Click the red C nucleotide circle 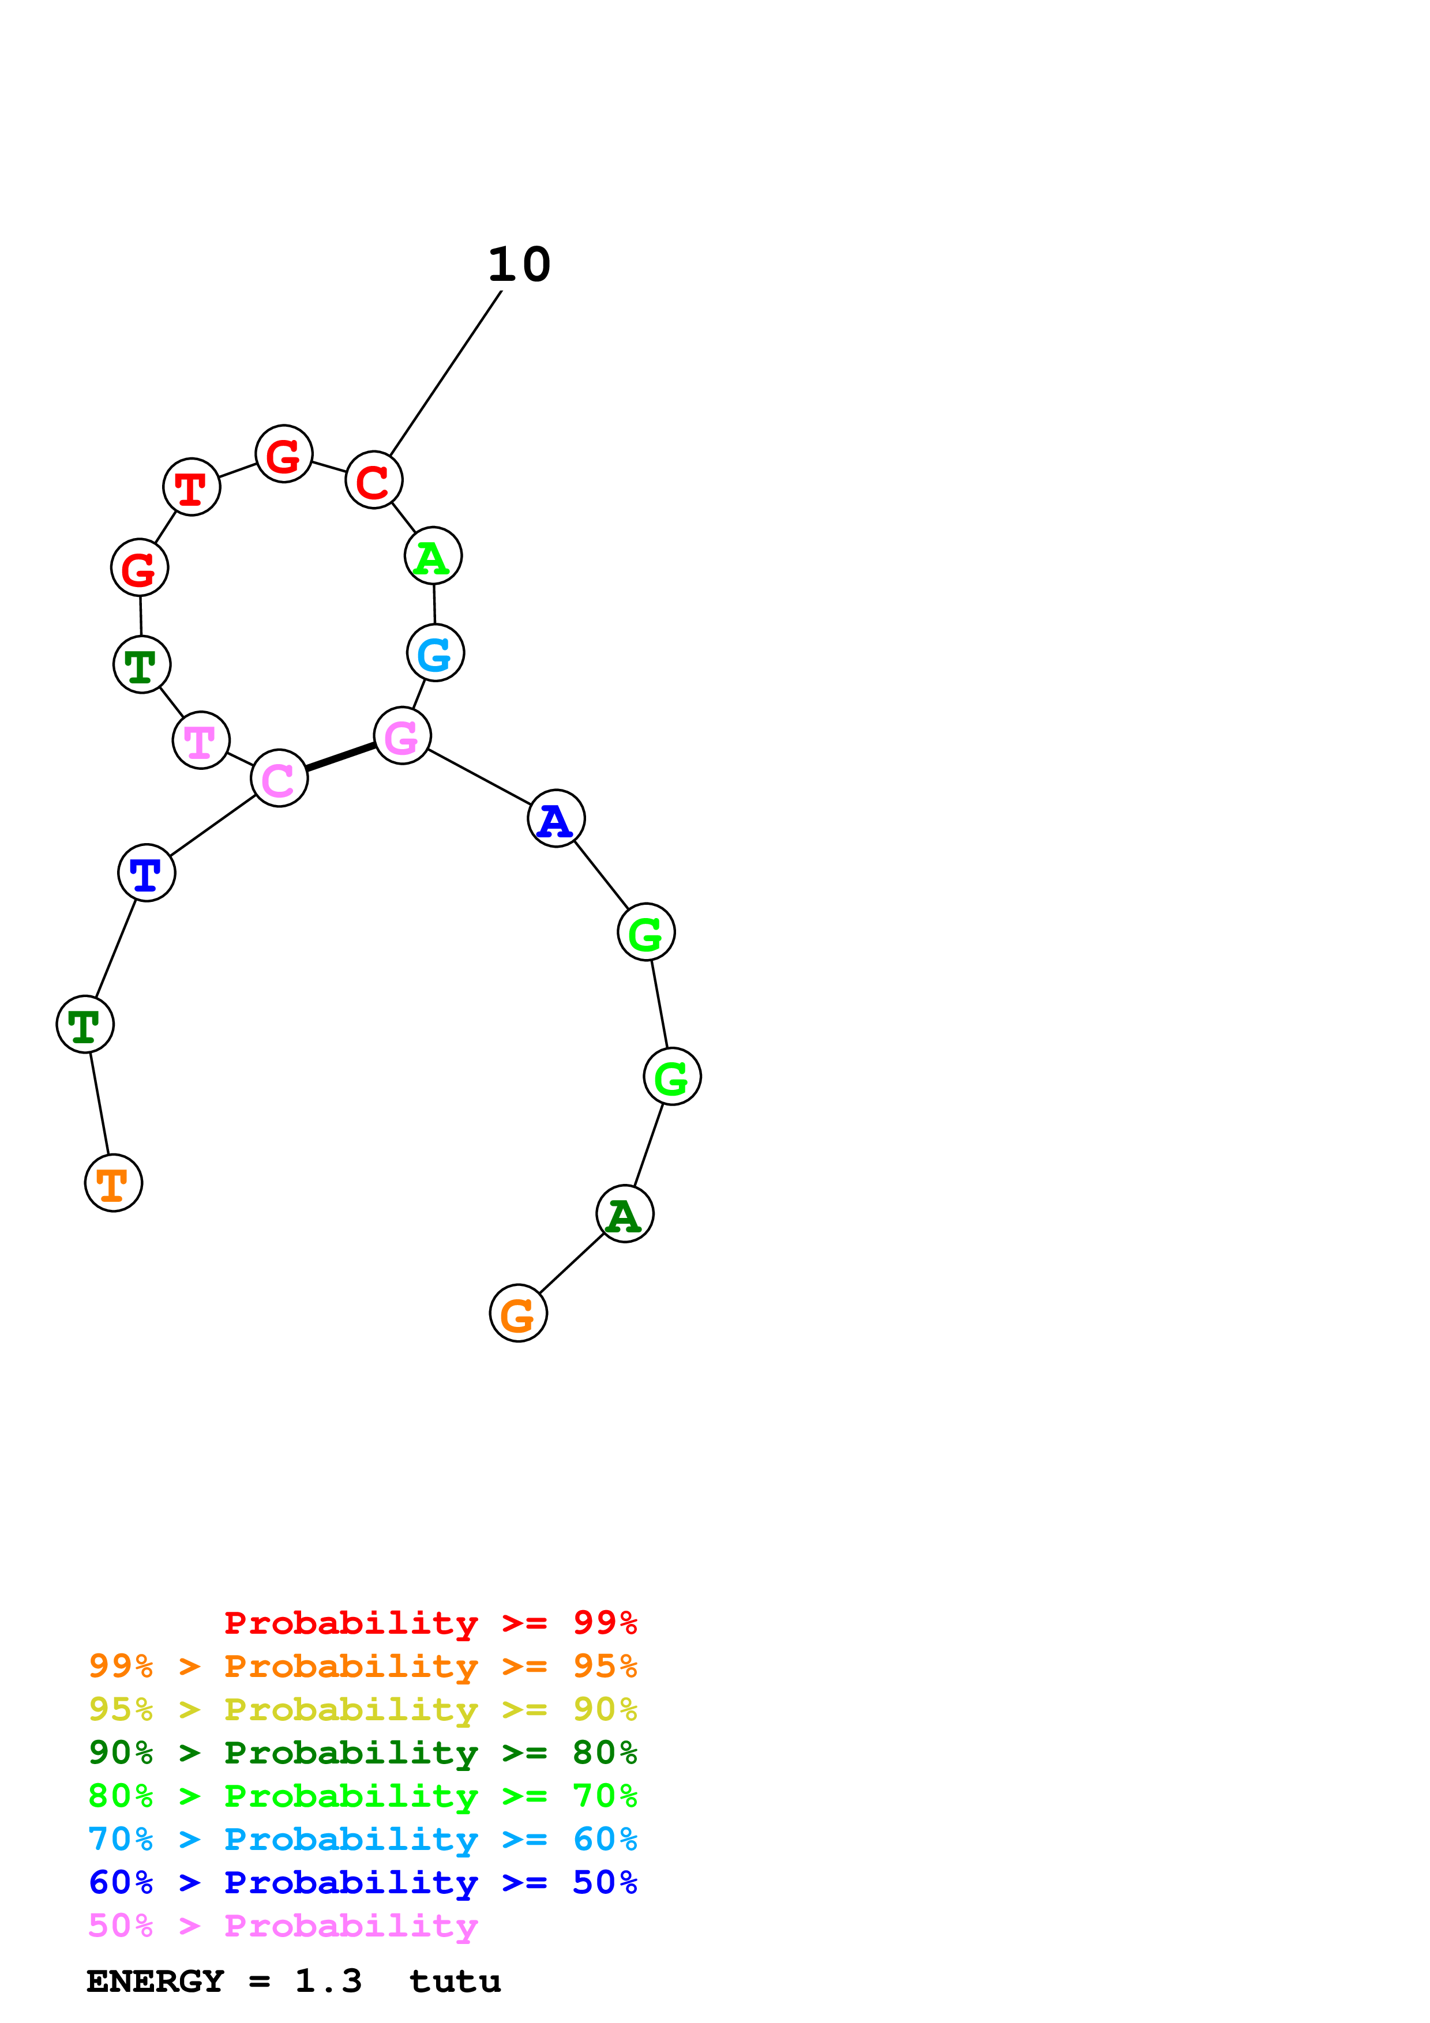coord(374,480)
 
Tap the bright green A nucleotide coord(433,556)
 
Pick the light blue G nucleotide coord(436,653)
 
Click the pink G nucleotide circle coord(403,736)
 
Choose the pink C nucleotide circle coord(279,778)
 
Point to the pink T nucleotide coord(201,740)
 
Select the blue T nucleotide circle coord(147,873)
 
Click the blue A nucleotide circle coord(556,818)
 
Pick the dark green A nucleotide coord(625,1214)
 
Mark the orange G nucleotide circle coord(518,1313)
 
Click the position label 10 coord(519,264)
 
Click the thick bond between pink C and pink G coord(341,757)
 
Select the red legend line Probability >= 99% coord(430,1622)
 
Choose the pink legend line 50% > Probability coord(283,1925)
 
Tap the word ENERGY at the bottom coord(155,1981)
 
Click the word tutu coord(455,1981)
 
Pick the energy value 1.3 coord(328,1981)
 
